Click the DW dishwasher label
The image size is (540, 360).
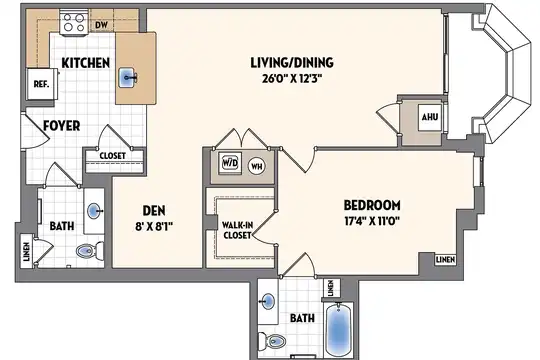click(101, 25)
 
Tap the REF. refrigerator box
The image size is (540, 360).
click(42, 84)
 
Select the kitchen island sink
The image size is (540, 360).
click(128, 78)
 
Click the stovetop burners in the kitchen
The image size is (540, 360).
click(74, 23)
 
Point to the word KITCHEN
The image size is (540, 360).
click(86, 63)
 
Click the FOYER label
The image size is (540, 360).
click(62, 126)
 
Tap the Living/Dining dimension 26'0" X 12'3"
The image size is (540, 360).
click(292, 79)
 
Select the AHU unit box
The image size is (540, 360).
click(430, 117)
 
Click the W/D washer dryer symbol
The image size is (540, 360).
click(230, 163)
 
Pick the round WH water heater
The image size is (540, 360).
click(257, 167)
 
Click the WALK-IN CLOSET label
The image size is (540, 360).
click(237, 230)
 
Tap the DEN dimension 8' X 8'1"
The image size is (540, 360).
click(154, 226)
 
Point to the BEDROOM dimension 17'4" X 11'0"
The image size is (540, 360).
click(372, 220)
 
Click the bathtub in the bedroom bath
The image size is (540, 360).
click(339, 329)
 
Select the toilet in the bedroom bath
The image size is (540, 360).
click(272, 341)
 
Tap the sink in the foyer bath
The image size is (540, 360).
click(95, 211)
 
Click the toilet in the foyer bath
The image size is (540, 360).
click(90, 250)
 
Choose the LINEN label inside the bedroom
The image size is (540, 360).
click(445, 259)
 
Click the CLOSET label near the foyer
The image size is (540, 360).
click(113, 156)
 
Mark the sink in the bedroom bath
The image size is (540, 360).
click(268, 302)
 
